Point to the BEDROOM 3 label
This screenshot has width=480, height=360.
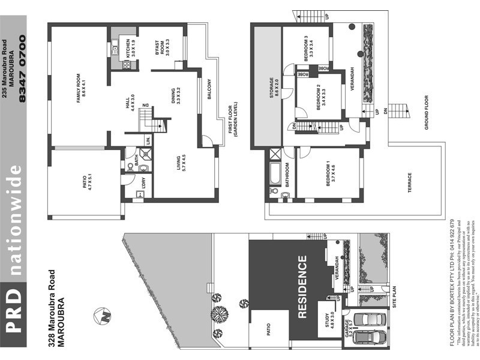point(308,47)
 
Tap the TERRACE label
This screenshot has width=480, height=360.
point(410,183)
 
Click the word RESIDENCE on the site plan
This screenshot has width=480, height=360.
point(302,286)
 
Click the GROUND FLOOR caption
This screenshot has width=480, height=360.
point(427,113)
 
